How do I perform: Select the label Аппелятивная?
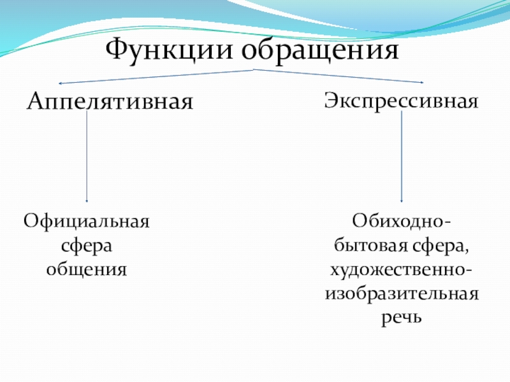(110, 102)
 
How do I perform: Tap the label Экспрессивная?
(401, 101)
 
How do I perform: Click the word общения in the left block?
(87, 269)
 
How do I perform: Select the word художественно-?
(401, 269)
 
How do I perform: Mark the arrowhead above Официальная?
(87, 200)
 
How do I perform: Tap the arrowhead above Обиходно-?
(401, 200)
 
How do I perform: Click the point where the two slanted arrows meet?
(255, 69)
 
